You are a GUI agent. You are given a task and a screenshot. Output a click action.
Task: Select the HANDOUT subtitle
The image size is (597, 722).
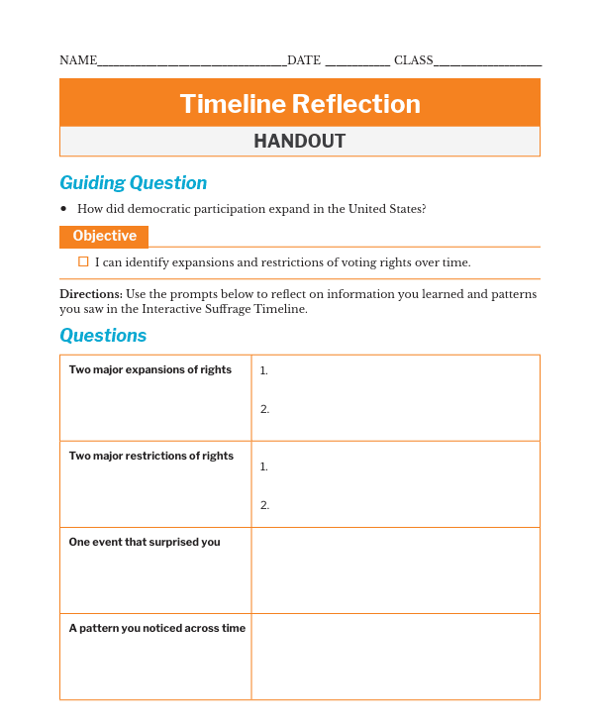299,142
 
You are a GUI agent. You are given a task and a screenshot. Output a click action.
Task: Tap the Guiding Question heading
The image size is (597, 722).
133,183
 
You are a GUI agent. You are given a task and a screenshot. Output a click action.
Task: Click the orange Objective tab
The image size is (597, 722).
104,237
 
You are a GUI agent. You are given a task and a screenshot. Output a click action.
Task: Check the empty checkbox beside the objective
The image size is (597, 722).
83,262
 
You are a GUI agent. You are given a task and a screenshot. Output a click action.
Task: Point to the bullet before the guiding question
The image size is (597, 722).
63,209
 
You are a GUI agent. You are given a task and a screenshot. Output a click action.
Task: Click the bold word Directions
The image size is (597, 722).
91,294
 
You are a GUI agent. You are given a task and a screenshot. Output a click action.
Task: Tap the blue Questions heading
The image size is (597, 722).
103,336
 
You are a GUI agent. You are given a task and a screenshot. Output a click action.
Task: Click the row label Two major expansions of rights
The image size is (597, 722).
149,370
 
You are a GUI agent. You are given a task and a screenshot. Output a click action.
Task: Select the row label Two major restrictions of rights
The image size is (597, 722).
150,457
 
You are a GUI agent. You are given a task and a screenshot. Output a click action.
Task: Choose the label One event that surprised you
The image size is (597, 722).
144,543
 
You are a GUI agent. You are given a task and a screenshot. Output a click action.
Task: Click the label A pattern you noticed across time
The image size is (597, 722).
156,629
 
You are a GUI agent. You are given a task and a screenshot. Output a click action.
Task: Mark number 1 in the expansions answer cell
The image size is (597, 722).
263,371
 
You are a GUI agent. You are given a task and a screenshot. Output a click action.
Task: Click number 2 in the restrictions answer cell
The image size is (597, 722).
264,505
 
